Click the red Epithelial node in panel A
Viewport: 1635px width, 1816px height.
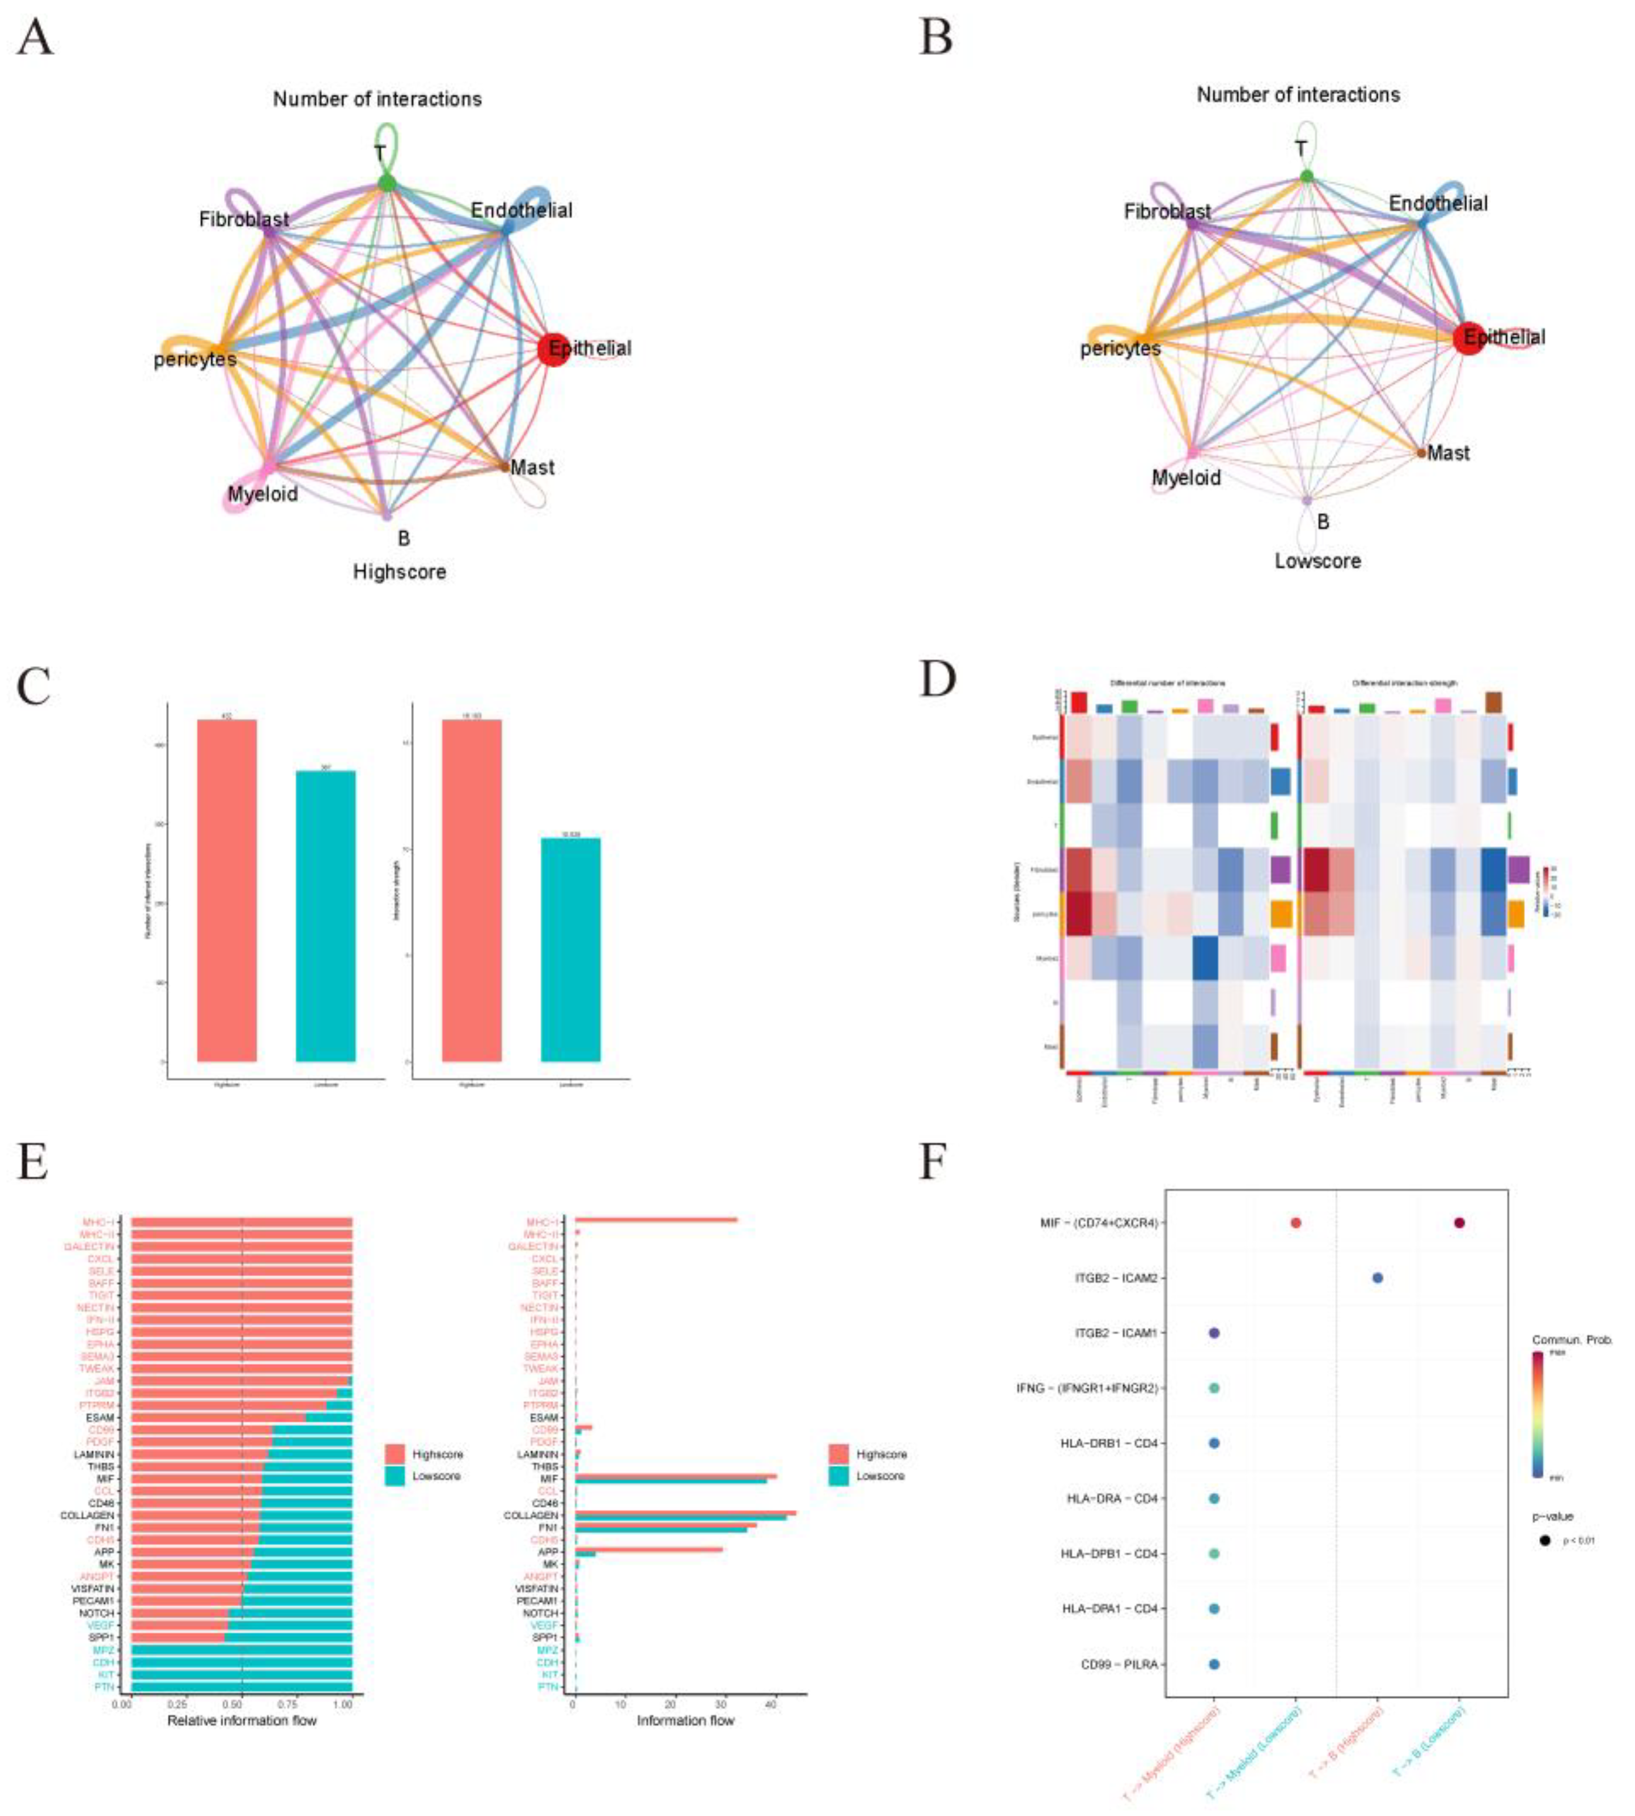[553, 349]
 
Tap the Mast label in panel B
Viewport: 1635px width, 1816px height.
[1448, 453]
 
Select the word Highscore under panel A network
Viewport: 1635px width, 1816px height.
[399, 572]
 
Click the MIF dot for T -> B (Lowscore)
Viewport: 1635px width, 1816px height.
[1459, 1223]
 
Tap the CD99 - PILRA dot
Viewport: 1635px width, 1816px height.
[1214, 1664]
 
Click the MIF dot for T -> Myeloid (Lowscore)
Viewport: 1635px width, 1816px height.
[1295, 1223]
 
